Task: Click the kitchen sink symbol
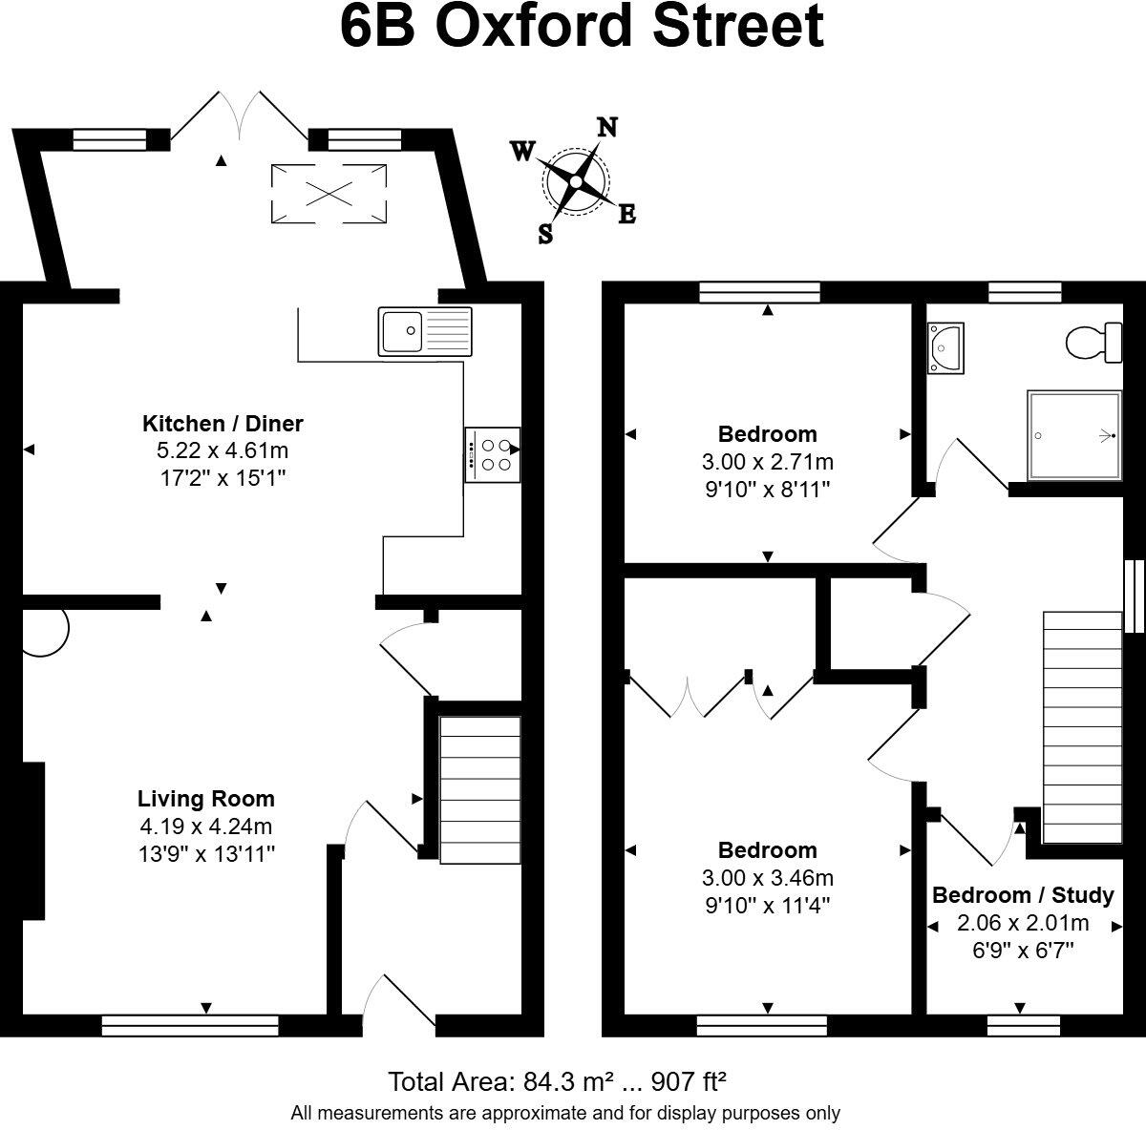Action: [x=425, y=331]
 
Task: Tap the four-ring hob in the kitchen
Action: [x=493, y=455]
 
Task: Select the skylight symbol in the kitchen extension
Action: [x=329, y=194]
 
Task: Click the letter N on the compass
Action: [x=606, y=127]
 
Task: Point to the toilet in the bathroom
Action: [x=1094, y=342]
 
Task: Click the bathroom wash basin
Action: [x=945, y=346]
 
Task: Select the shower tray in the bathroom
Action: [x=1072, y=435]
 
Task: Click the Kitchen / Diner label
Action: [x=223, y=423]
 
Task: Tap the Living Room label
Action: [x=205, y=799]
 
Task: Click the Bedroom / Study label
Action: [x=1023, y=894]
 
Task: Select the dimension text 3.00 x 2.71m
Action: [x=767, y=462]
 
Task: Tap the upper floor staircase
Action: [x=1082, y=727]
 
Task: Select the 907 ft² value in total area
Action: [x=689, y=1081]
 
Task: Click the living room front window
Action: [x=190, y=1026]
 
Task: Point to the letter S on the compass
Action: [x=545, y=234]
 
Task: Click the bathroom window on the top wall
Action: [x=1025, y=292]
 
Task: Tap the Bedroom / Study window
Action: [x=1023, y=1026]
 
